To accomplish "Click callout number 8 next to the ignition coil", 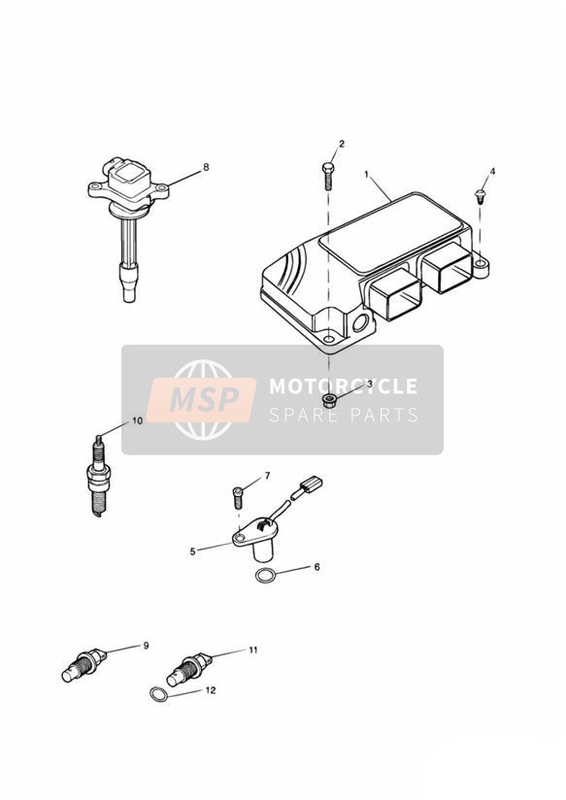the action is tap(206, 167).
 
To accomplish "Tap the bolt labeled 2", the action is tap(327, 176).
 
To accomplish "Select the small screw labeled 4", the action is tap(480, 195).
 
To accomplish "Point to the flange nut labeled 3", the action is tap(330, 400).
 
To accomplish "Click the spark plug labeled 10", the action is tap(98, 476).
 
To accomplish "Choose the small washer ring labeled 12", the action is tap(158, 694).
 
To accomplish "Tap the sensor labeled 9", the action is tap(84, 665).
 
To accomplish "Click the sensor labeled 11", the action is tap(189, 670).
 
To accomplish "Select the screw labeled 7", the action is tap(238, 497).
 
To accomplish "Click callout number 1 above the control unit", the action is tap(366, 174).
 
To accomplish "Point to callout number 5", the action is tap(192, 551).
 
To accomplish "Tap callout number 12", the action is tap(211, 690).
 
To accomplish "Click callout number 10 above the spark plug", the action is tap(137, 421).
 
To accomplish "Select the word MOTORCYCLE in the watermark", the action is tap(344, 386).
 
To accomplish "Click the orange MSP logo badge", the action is tap(202, 399).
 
